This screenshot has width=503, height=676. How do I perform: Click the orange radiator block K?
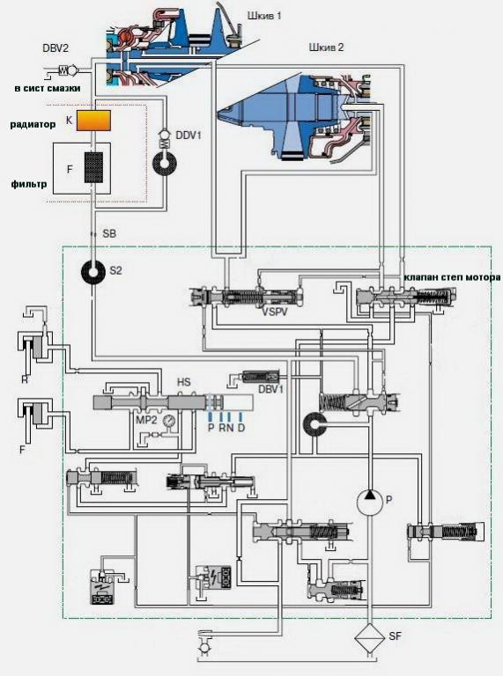point(93,121)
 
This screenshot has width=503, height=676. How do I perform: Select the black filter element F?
point(93,169)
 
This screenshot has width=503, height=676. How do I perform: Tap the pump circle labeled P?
point(370,502)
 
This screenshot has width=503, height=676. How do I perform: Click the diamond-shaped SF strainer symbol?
point(370,637)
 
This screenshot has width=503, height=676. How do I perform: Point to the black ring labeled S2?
point(93,272)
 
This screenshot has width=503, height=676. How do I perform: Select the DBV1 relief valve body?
point(261,377)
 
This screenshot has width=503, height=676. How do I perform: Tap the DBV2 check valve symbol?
point(68,69)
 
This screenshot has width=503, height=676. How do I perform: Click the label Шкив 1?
point(264,17)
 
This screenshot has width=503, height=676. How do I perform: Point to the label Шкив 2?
point(326,48)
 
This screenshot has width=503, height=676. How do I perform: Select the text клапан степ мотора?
point(452,277)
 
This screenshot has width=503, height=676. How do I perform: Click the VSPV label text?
point(275,312)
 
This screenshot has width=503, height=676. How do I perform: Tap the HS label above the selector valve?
point(184,382)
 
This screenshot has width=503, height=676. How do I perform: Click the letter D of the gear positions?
point(240,428)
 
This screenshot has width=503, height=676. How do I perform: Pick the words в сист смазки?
point(48,89)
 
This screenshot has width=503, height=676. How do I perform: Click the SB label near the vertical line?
point(109,234)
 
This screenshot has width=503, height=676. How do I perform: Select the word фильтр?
point(28,185)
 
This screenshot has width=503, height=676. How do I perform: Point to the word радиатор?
point(33,125)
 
